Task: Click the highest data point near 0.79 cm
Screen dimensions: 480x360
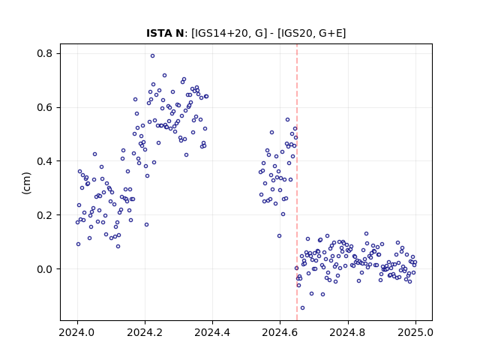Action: pos(152,55)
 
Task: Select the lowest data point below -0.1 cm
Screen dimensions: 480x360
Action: pos(302,307)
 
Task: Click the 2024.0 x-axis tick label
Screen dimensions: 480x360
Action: pos(77,332)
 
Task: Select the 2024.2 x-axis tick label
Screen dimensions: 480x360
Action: pos(145,332)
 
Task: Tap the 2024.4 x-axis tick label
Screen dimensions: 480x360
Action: pos(212,332)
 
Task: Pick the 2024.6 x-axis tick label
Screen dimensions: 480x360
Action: pos(280,332)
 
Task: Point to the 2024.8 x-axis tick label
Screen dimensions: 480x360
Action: pos(348,332)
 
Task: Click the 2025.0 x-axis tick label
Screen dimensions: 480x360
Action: pos(415,332)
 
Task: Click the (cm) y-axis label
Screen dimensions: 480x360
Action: pos(27,183)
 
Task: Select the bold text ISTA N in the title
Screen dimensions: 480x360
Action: pos(165,33)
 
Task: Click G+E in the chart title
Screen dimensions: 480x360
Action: pos(330,33)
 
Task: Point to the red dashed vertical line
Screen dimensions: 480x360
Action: pos(297,182)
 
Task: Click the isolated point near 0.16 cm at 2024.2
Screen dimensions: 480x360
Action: pos(146,224)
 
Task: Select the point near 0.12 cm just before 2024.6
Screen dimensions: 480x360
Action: pos(279,235)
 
